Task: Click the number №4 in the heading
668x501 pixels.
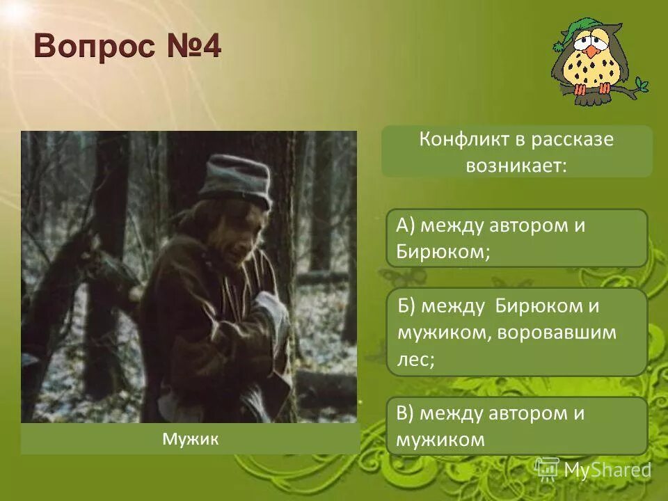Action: (x=191, y=47)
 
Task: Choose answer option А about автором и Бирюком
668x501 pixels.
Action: (x=516, y=238)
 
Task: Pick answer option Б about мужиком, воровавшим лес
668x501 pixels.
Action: (x=516, y=333)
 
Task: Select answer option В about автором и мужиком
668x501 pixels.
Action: (x=516, y=426)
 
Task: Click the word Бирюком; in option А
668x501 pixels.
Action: (x=443, y=251)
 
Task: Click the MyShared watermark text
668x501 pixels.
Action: (x=607, y=470)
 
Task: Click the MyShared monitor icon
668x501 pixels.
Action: (x=547, y=468)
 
